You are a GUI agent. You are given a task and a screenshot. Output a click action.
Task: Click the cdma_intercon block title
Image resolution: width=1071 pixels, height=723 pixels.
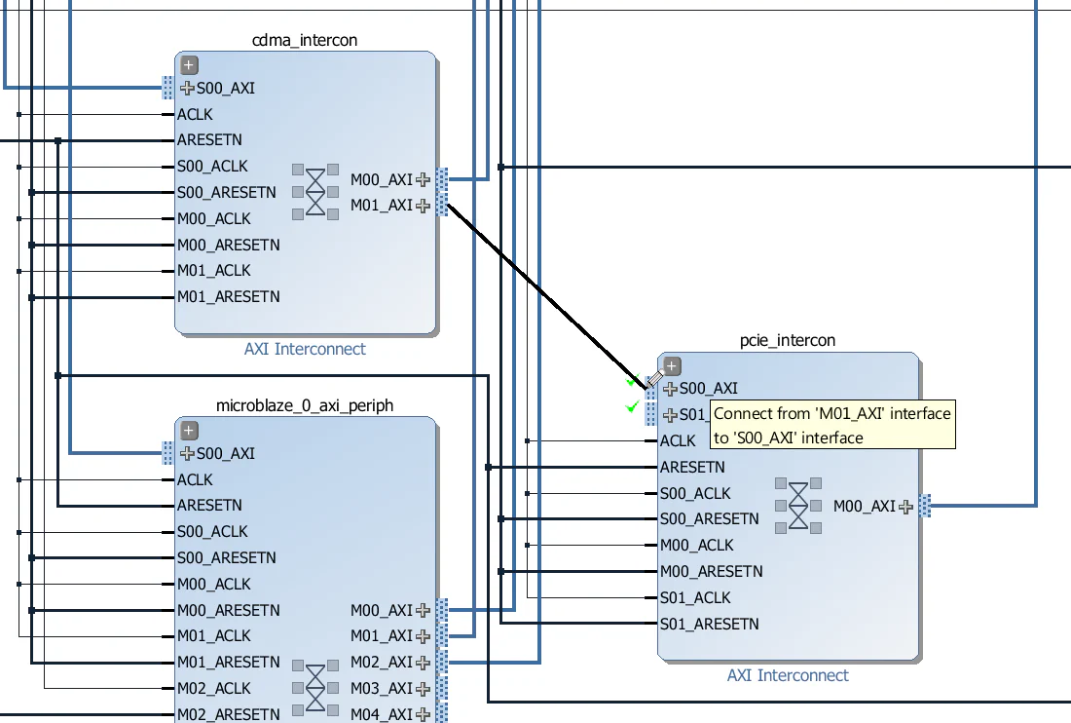(x=305, y=40)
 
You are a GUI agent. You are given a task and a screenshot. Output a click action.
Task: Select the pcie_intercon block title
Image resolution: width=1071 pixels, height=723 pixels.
(x=788, y=340)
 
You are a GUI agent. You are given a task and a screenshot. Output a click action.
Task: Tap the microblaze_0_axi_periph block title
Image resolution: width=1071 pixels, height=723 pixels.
(x=305, y=405)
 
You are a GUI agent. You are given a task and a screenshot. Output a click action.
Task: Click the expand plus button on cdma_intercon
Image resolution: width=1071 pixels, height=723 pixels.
(x=189, y=65)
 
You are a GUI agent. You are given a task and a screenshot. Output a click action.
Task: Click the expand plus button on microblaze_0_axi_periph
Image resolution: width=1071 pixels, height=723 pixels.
(x=189, y=431)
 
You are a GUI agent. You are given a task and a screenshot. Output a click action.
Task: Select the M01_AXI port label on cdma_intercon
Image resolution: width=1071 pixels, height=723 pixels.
(x=382, y=206)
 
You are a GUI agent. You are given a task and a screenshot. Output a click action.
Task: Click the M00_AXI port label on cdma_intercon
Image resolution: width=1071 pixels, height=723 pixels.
(x=382, y=179)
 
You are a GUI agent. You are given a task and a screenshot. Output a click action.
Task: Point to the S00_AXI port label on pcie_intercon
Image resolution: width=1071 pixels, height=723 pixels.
(x=708, y=389)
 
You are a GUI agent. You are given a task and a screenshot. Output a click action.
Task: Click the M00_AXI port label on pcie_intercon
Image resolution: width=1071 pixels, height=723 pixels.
(x=865, y=506)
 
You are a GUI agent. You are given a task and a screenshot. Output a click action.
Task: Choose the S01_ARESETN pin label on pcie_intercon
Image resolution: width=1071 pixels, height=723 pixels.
(x=709, y=624)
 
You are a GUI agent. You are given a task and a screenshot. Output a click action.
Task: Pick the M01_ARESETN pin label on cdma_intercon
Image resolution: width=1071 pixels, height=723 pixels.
(x=228, y=296)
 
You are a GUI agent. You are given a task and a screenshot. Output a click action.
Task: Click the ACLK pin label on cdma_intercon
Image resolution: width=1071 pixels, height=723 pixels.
(x=195, y=114)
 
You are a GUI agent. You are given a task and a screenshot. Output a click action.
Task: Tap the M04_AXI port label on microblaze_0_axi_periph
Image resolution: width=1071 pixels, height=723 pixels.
(x=382, y=714)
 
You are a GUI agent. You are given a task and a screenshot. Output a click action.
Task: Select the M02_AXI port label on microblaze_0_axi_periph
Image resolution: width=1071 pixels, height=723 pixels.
(x=382, y=662)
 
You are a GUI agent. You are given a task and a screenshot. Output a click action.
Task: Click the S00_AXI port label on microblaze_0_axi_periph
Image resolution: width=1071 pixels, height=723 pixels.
(x=225, y=453)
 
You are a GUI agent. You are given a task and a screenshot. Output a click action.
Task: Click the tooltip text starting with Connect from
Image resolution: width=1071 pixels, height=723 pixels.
(x=831, y=426)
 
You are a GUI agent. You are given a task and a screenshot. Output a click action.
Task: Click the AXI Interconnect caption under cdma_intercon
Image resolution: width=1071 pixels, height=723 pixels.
(x=305, y=349)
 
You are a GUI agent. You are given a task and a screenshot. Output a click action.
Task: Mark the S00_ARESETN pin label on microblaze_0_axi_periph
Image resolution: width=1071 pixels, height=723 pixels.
(x=226, y=557)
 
